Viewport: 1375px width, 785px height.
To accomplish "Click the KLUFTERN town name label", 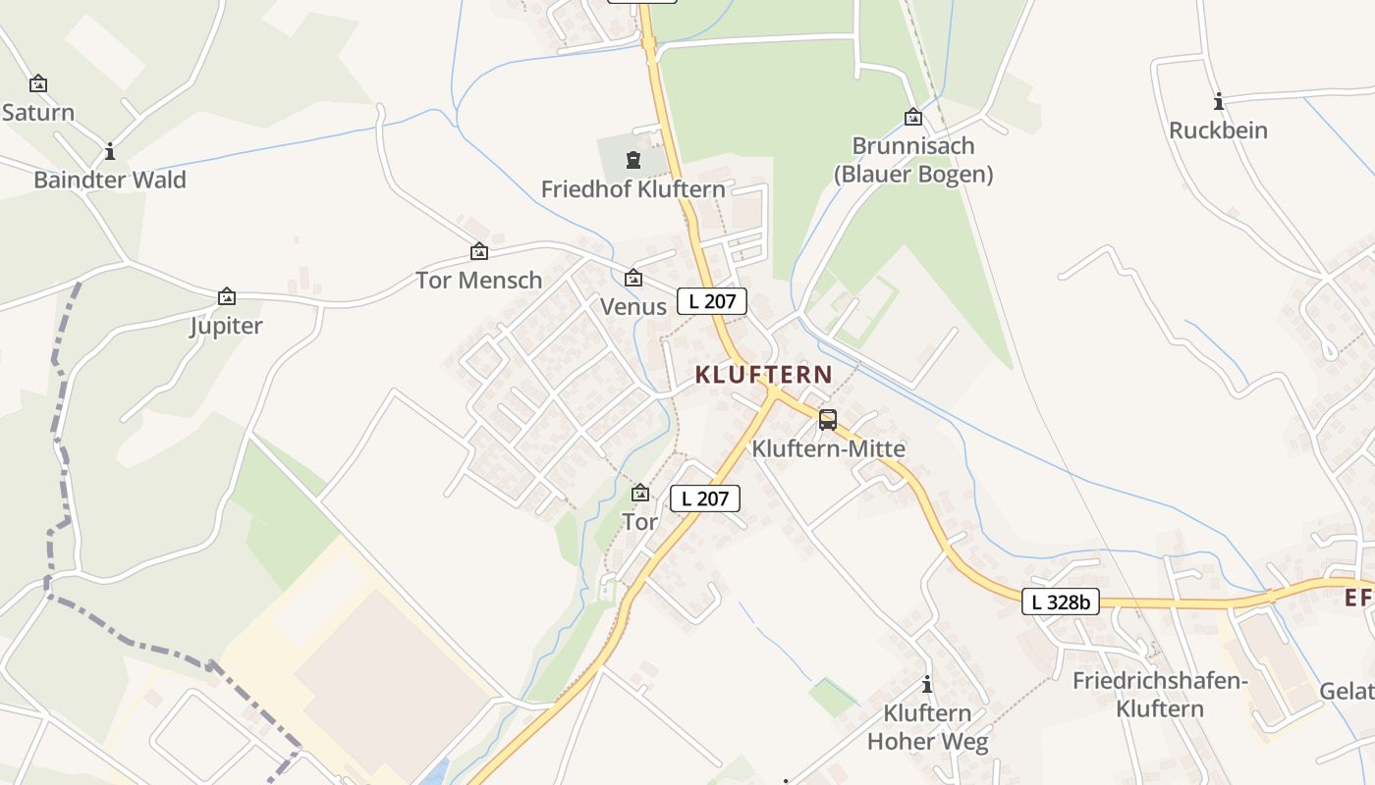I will click(763, 374).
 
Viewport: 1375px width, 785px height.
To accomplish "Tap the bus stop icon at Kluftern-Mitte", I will click(828, 420).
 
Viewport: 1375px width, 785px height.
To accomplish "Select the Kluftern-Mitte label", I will click(828, 448).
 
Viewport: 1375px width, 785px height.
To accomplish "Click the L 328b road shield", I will click(1060, 602).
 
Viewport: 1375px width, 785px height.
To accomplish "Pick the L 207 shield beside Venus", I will click(712, 301).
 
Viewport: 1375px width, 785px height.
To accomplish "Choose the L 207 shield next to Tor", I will click(704, 498).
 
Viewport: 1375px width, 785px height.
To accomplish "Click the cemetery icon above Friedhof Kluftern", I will click(633, 159).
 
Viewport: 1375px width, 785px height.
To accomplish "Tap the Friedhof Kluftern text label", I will click(633, 188).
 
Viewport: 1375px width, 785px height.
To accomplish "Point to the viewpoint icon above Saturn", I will click(38, 83).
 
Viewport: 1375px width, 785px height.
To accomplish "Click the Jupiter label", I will click(226, 325).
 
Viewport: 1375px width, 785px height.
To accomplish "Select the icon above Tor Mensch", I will click(479, 252).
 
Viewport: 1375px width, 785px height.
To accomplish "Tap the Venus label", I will click(633, 306).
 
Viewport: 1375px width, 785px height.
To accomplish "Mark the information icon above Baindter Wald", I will click(110, 151).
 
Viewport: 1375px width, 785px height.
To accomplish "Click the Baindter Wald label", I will click(110, 180).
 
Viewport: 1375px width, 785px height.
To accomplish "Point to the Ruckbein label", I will click(1218, 130).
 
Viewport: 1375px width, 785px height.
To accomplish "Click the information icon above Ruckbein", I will click(1219, 101).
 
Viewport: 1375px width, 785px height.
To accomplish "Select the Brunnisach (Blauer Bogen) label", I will click(913, 160).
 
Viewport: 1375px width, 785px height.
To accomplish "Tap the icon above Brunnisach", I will click(913, 117).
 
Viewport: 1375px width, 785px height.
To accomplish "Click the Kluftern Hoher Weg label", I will click(927, 727).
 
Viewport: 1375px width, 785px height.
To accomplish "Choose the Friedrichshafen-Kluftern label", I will click(1160, 694).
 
